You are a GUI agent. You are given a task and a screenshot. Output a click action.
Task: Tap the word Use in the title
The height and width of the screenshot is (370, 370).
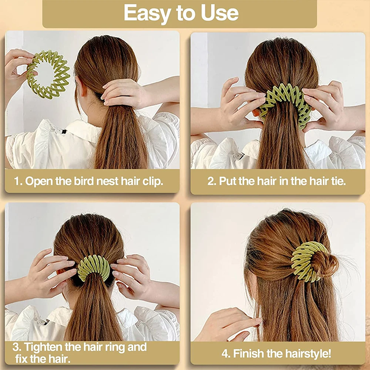click(x=220, y=13)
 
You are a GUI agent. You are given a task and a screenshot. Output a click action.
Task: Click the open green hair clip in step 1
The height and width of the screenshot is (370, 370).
click(x=48, y=74)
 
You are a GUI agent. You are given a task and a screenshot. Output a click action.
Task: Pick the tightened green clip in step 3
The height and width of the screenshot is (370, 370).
click(x=94, y=268)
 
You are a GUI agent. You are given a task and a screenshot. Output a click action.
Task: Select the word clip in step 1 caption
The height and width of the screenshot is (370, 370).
click(x=152, y=181)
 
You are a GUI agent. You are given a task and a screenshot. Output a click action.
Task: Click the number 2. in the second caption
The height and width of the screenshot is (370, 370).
click(x=211, y=181)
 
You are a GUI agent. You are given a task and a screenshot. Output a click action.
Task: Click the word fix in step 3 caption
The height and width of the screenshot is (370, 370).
click(x=22, y=359)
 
